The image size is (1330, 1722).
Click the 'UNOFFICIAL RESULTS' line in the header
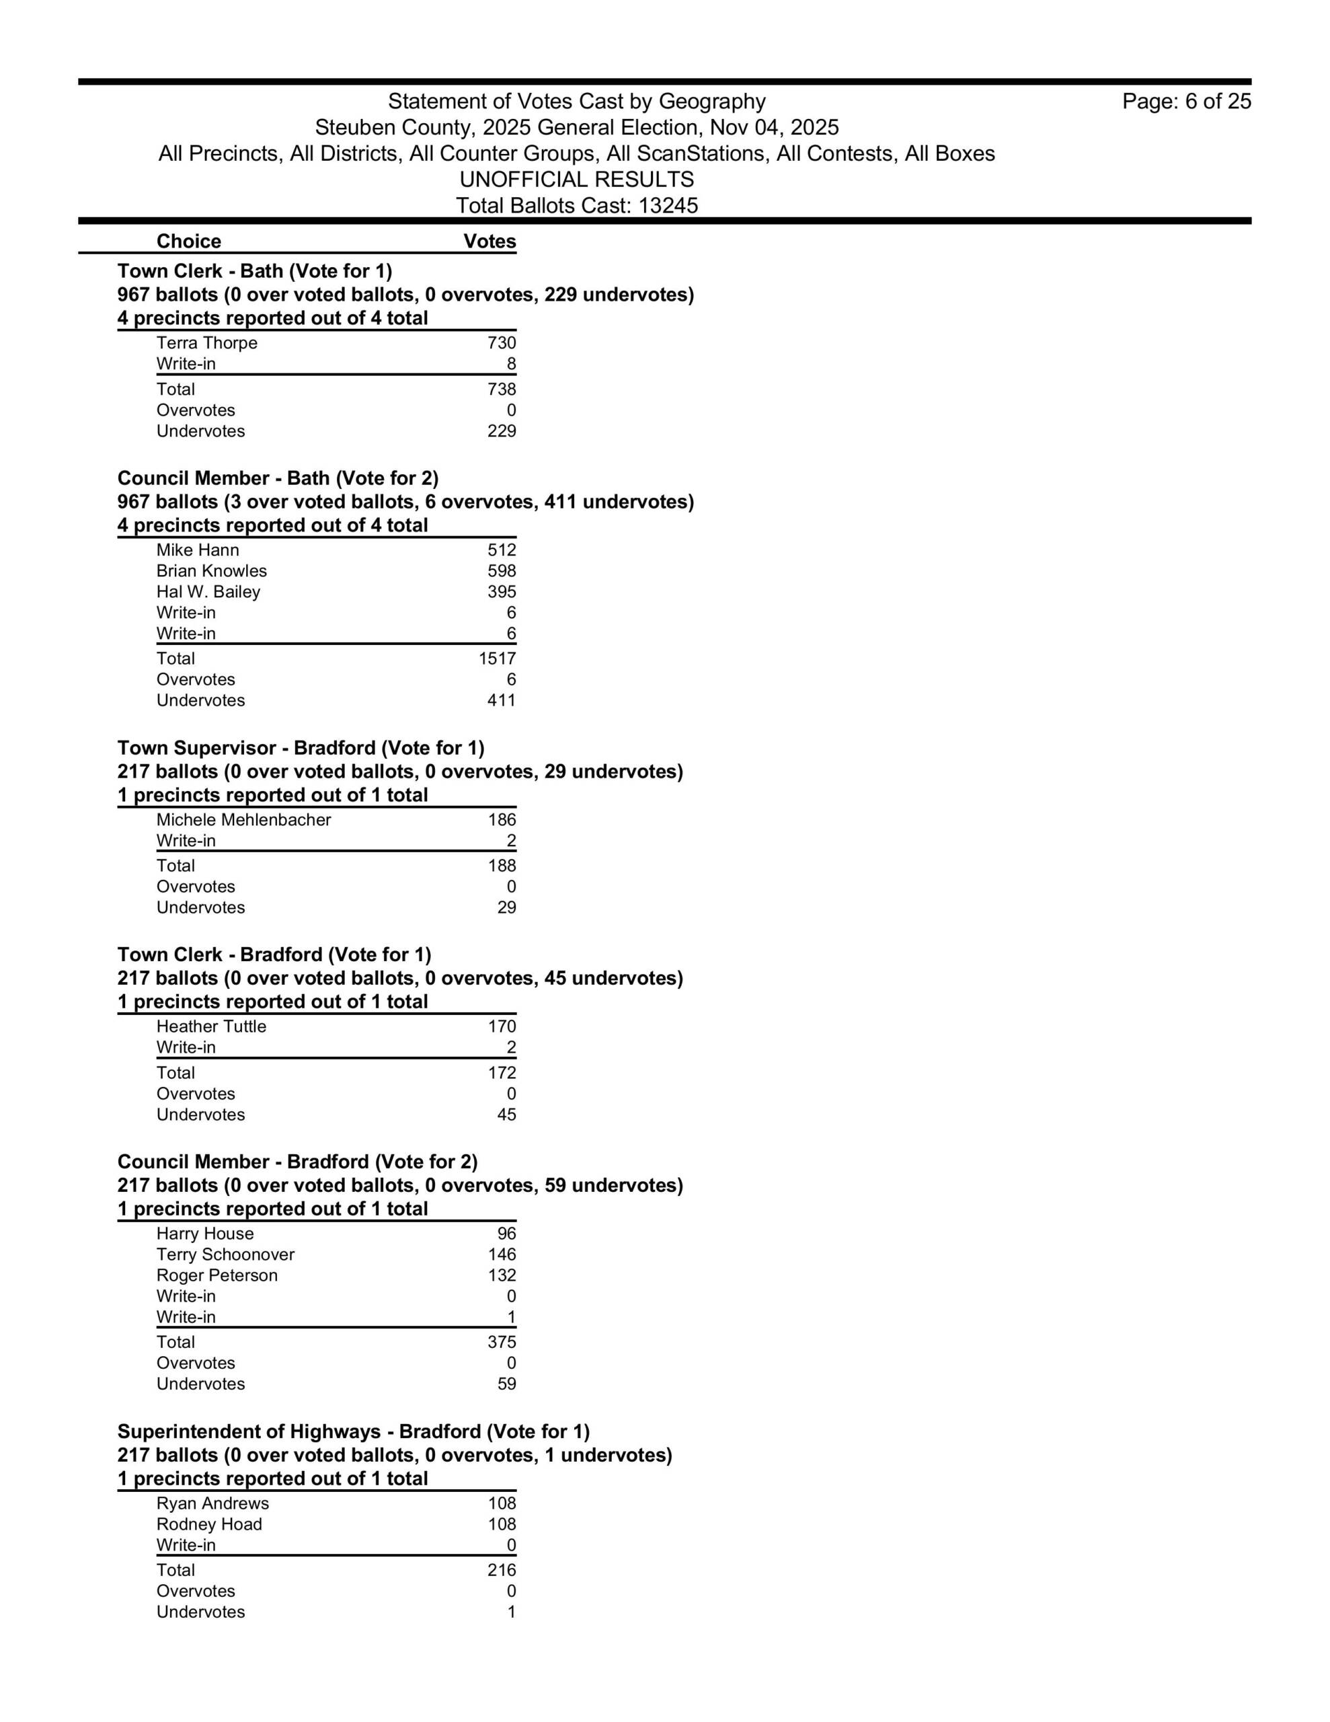point(576,180)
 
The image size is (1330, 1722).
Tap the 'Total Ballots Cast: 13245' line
point(576,206)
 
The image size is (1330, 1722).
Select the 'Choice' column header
point(188,241)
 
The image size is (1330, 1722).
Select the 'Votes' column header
point(490,241)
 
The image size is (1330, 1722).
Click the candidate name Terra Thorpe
point(206,343)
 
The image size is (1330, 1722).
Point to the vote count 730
point(502,343)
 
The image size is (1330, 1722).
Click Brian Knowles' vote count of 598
point(502,571)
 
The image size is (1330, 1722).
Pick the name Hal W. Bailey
point(208,592)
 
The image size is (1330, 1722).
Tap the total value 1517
point(497,659)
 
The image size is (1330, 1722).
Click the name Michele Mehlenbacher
point(243,820)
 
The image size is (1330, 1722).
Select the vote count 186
point(502,820)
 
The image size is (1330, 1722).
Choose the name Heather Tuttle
point(211,1026)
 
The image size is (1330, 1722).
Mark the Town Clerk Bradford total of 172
point(502,1073)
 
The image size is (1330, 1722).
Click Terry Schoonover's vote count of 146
point(502,1255)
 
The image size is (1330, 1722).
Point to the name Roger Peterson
point(217,1276)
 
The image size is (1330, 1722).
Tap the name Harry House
point(205,1234)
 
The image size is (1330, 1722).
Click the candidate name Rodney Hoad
point(209,1524)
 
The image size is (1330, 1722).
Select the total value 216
point(502,1570)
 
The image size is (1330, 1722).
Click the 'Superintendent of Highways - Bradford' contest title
point(353,1432)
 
